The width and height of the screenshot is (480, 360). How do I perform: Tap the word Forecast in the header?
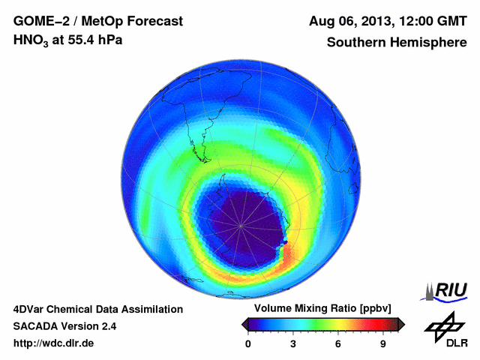(155, 20)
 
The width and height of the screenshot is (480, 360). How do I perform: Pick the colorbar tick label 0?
(249, 344)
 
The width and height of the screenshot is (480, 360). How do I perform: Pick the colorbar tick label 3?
(293, 344)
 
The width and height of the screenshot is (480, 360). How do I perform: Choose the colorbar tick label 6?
(338, 344)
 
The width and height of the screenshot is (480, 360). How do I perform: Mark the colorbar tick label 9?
(383, 344)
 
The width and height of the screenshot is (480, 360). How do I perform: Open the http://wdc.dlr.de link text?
(54, 344)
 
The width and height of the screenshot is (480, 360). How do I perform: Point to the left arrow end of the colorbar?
(245, 324)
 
